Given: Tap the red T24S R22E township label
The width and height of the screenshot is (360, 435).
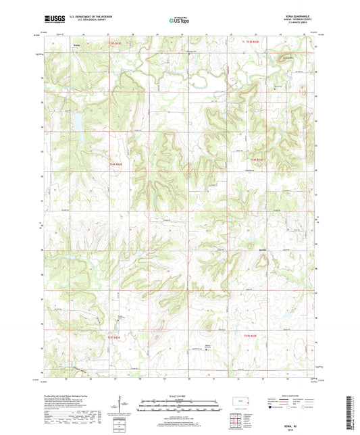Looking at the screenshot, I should tap(116, 163).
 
